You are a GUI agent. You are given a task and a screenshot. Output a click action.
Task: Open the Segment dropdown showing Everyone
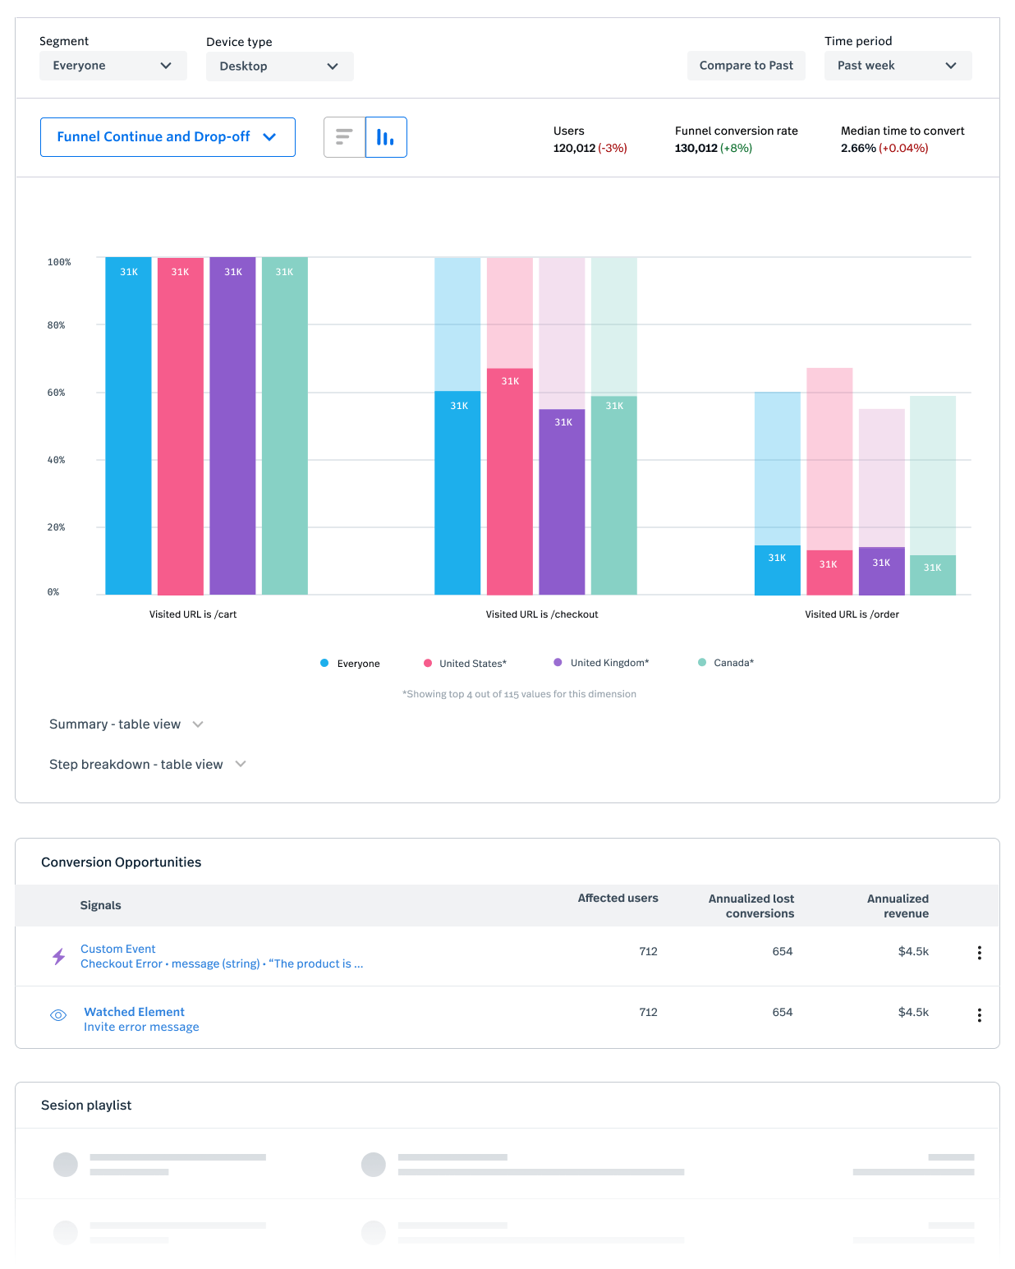tap(113, 66)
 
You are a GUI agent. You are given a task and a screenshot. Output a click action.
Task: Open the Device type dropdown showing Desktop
tap(279, 67)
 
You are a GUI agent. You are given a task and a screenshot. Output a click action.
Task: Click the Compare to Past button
tap(746, 66)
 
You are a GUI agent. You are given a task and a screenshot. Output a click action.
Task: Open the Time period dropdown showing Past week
tap(898, 66)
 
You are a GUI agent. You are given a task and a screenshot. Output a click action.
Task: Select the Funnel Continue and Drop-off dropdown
tap(168, 137)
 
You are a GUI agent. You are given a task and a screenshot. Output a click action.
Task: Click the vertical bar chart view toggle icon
tap(386, 137)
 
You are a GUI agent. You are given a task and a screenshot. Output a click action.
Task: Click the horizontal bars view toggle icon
tap(344, 137)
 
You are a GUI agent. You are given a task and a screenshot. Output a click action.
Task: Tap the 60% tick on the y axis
tap(56, 393)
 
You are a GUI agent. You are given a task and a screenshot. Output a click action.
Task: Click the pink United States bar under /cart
tap(181, 427)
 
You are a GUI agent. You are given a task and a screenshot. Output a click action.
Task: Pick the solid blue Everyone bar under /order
tap(777, 571)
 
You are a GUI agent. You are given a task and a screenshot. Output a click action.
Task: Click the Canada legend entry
tap(726, 663)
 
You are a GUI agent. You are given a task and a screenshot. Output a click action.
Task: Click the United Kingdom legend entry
tap(601, 663)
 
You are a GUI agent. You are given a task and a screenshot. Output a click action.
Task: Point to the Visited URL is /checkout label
tap(542, 614)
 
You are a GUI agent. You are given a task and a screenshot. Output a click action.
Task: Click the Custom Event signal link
tap(118, 949)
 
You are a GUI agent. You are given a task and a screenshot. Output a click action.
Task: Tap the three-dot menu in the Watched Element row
tap(979, 1015)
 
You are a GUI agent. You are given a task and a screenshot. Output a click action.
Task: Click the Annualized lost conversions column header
tap(751, 906)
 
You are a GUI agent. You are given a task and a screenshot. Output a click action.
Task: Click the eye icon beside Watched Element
tap(58, 1015)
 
